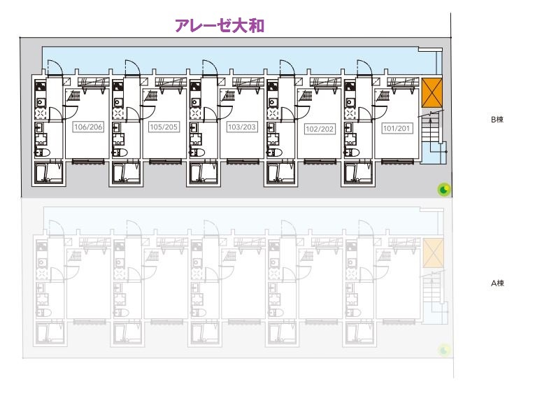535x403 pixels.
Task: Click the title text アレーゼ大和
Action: tap(219, 26)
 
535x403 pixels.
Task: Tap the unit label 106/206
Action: tap(88, 127)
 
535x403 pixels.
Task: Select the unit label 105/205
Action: tap(165, 127)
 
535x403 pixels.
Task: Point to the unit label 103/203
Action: tap(242, 127)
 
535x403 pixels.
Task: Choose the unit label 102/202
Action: tap(319, 129)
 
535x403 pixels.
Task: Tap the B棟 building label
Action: tap(497, 120)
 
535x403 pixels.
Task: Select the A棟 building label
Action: tap(497, 283)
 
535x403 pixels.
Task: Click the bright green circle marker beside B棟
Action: tap(443, 189)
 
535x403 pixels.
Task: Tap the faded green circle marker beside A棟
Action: tap(443, 349)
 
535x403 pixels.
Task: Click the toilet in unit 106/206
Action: tap(41, 152)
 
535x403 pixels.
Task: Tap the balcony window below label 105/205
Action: tap(165, 162)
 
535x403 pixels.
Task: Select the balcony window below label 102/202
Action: tap(319, 162)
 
